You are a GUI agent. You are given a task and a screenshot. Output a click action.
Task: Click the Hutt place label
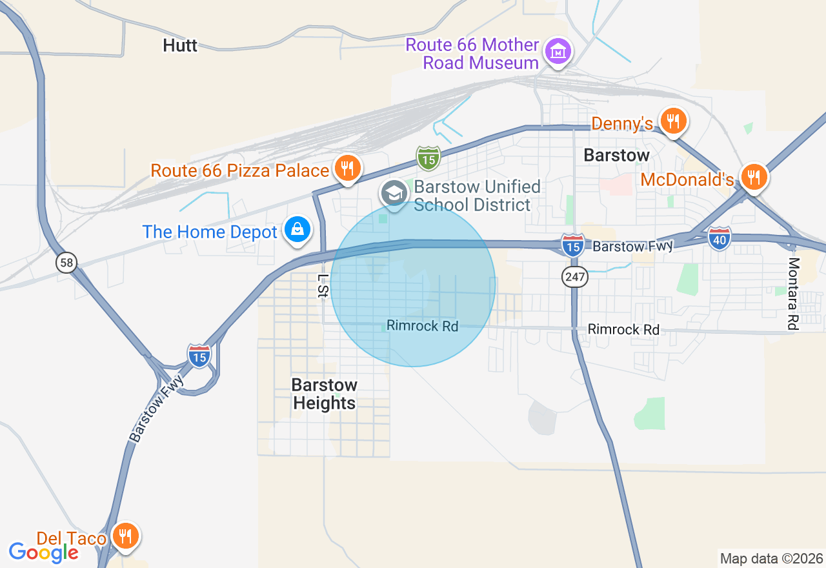[x=180, y=45]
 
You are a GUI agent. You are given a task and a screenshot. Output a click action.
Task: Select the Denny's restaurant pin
[x=673, y=121]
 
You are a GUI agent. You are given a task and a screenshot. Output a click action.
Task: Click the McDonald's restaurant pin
[x=752, y=176]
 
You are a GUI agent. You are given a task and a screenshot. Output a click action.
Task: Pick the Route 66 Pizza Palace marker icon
[x=348, y=168]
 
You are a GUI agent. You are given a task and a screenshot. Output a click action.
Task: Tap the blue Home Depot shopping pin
[x=297, y=230]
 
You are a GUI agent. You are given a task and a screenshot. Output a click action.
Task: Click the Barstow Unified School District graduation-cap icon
[x=394, y=192]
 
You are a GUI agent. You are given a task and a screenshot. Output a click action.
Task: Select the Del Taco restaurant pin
[x=125, y=536]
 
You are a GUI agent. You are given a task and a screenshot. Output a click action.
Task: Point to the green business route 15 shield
[x=428, y=157]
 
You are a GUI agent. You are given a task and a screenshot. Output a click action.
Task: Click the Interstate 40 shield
[x=719, y=239]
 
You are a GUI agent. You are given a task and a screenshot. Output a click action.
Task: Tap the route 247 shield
[x=574, y=278]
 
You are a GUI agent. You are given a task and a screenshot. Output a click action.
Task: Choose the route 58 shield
[x=66, y=262]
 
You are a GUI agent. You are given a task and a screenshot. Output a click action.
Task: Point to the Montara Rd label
[x=793, y=294]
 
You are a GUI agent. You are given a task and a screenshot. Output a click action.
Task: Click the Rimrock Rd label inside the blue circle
[x=422, y=326]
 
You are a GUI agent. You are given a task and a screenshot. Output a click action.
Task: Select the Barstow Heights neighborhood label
[x=324, y=394]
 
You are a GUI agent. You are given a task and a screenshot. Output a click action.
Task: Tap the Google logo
[x=44, y=552]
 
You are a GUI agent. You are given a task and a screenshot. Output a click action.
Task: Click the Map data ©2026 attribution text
[x=771, y=558]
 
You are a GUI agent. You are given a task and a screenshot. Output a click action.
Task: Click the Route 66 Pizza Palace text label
[x=240, y=170]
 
